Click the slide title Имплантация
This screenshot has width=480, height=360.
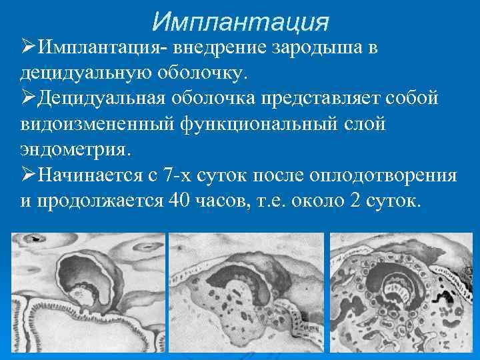tap(240, 21)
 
